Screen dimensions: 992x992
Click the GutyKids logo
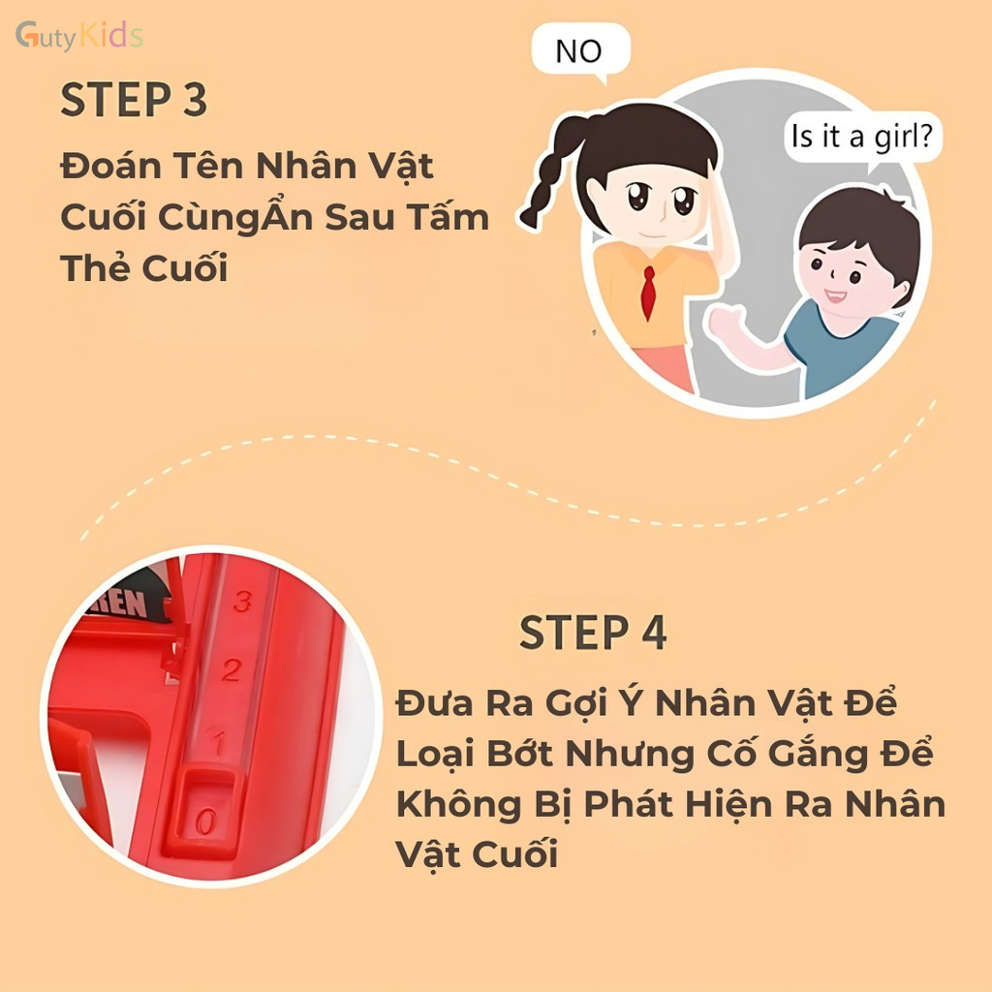tap(79, 36)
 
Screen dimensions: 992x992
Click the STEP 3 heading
tap(134, 100)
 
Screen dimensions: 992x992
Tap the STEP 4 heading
tap(593, 632)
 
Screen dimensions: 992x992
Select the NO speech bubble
tap(580, 50)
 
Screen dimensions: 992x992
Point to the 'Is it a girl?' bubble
tap(862, 138)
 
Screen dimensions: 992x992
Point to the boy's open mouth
tap(835, 296)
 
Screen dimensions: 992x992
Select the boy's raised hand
tap(727, 323)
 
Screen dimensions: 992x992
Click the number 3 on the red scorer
tap(242, 601)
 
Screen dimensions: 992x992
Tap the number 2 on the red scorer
tap(232, 670)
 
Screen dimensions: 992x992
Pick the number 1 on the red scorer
tap(219, 742)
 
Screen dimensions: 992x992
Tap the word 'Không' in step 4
tap(458, 804)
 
